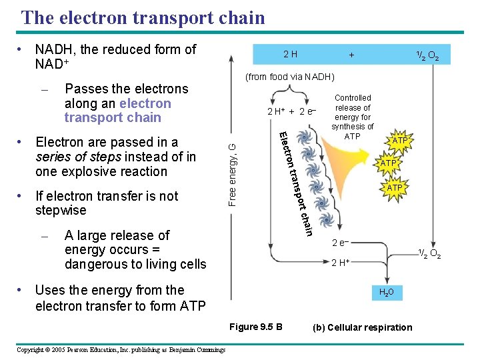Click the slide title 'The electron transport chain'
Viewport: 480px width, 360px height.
143,17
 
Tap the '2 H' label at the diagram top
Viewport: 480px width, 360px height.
291,54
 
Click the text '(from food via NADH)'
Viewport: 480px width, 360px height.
290,77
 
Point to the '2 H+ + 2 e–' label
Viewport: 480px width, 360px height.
291,111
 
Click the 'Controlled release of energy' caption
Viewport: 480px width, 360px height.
353,117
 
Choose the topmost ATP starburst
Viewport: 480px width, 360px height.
400,141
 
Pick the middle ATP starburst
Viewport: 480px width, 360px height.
389,163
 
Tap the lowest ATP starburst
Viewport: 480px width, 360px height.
395,188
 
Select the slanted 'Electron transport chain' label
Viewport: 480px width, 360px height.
294,183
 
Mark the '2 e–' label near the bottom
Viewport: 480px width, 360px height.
340,242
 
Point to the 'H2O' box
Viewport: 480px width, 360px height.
386,292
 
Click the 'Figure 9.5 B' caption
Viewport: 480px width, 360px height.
255,327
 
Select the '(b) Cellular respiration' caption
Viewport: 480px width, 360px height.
363,327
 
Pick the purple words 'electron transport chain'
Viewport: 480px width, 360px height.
117,111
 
